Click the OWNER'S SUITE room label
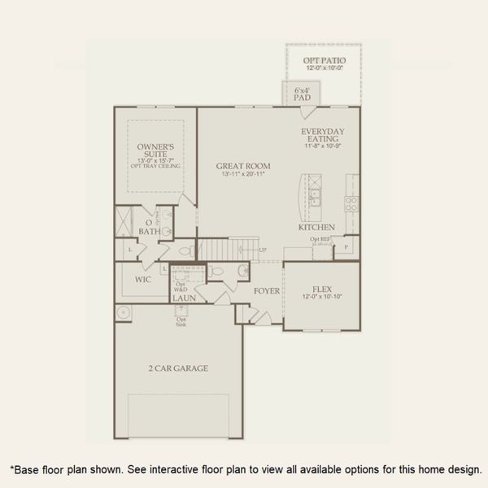pos(161,151)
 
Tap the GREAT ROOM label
pos(243,166)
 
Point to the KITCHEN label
pos(317,227)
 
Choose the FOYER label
pos(267,290)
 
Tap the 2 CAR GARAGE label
pos(179,368)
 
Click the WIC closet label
pos(144,279)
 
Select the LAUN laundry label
pos(183,299)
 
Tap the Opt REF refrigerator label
pos(319,240)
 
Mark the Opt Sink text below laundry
pos(181,322)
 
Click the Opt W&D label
pos(181,286)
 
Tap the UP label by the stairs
pos(263,250)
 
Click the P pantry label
pos(346,246)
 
